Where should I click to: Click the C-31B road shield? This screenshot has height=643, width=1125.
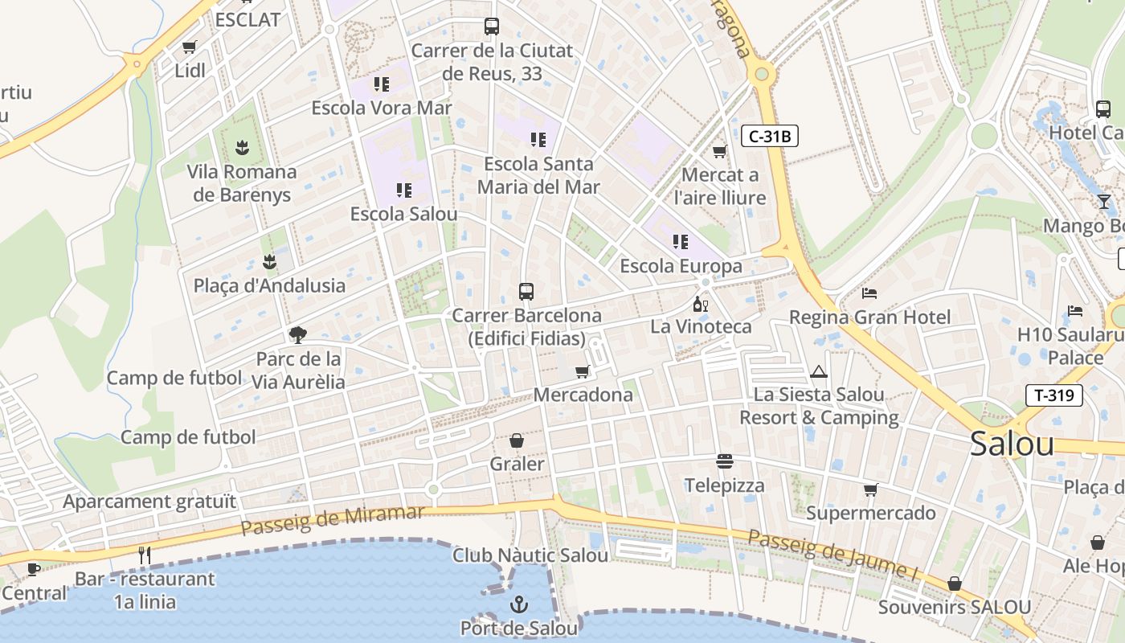769,137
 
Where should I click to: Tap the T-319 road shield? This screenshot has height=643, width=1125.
1054,395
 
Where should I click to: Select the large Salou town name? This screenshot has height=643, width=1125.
1012,444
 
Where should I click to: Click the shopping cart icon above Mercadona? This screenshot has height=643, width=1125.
582,371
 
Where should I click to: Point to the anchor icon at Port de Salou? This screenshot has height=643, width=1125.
519,604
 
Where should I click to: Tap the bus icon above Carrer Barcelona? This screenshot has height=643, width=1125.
526,292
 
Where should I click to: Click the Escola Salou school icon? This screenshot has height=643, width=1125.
403,190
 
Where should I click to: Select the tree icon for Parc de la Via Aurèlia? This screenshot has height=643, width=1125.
298,334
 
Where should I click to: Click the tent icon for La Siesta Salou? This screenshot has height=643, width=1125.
819,371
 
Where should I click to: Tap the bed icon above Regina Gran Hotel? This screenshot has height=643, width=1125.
869,293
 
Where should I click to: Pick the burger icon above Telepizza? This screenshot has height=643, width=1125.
725,461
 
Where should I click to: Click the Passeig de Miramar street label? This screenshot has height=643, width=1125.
332,521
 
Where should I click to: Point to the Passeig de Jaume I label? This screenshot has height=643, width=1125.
832,553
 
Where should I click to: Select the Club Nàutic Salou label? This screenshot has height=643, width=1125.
530,555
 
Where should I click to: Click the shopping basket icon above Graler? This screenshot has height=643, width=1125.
517,440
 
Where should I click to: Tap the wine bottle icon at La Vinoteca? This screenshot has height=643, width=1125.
700,304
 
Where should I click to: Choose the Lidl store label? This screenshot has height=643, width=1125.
190,71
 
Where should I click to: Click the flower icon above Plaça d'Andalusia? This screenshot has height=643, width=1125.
269,262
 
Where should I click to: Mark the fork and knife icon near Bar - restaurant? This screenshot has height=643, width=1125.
145,555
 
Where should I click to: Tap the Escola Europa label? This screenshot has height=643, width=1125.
681,265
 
